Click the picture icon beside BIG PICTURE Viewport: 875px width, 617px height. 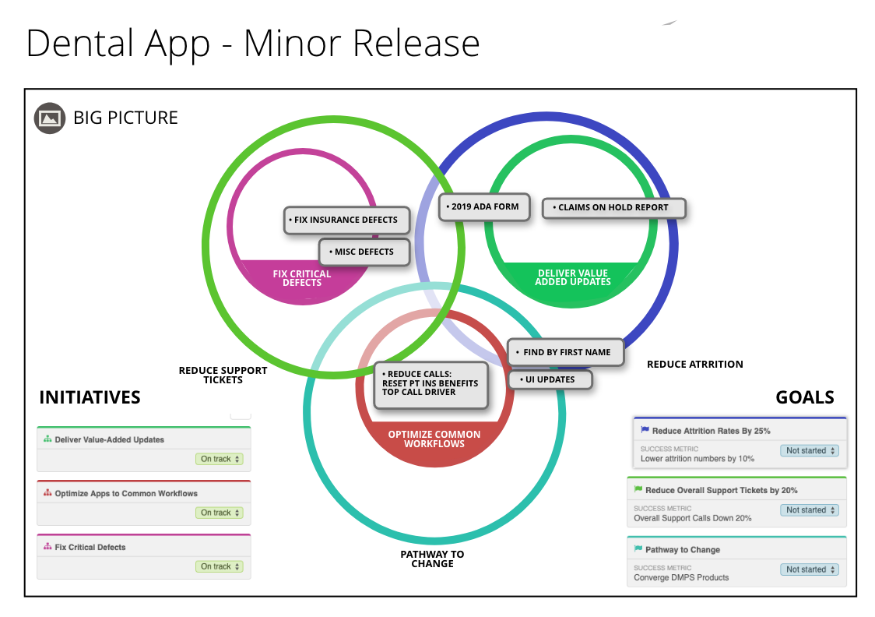50,118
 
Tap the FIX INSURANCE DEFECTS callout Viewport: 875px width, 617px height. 346,220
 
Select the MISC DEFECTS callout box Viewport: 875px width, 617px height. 364,252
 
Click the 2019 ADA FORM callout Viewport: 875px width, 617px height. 485,207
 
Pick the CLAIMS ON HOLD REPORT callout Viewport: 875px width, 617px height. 614,208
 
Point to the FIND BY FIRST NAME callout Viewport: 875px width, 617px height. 566,352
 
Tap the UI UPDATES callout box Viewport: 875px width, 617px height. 550,380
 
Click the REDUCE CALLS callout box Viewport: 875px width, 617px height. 430,383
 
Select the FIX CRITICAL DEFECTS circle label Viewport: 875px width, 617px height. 302,278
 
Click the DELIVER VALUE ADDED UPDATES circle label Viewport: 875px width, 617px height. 573,277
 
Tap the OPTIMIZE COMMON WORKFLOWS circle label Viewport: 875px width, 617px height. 434,439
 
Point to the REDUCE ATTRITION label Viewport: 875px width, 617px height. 694,365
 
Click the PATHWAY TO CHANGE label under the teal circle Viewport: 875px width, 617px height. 432,559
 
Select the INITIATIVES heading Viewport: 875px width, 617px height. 90,398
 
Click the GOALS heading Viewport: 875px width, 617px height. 805,398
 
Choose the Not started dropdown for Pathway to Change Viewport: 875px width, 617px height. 810,569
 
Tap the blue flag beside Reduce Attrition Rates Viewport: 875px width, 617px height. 645,430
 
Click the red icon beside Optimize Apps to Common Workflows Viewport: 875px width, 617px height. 47,493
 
